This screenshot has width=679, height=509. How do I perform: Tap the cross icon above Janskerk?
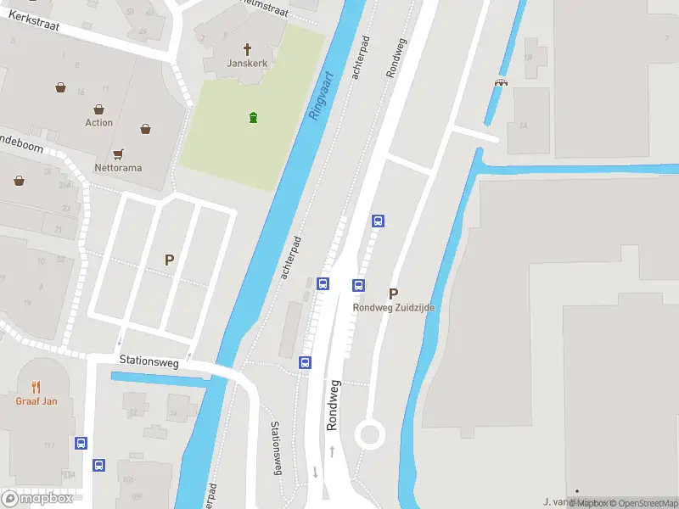tap(248, 49)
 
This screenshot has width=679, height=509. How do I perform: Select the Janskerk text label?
tap(247, 64)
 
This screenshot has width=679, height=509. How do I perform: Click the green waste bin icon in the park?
tap(253, 117)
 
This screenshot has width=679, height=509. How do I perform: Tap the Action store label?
tap(98, 123)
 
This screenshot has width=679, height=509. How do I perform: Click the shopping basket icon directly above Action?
tap(99, 109)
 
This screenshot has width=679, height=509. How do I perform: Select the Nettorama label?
tap(118, 168)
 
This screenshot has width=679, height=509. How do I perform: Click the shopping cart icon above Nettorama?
tap(118, 154)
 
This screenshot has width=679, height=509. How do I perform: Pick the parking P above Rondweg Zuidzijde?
tap(393, 293)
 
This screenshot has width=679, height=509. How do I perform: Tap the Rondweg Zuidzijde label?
tap(394, 308)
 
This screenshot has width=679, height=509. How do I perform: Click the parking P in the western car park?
tap(169, 260)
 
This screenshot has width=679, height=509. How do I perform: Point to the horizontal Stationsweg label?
tap(149, 362)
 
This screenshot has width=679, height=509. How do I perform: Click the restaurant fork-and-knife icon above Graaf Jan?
tap(36, 388)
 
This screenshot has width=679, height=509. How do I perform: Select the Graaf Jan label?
tap(36, 401)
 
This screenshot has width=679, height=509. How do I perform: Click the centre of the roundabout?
tap(370, 435)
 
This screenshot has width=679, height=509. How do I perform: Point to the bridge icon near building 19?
tap(501, 82)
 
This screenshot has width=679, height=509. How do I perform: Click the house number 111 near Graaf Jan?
tap(49, 445)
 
